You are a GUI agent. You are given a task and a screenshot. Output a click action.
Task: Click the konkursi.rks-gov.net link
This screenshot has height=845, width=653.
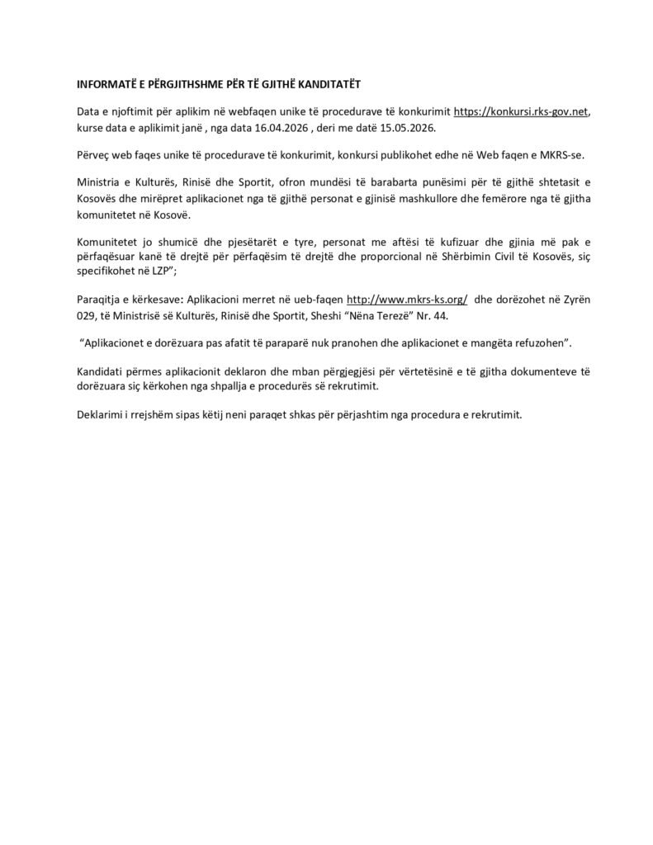pyautogui.click(x=522, y=111)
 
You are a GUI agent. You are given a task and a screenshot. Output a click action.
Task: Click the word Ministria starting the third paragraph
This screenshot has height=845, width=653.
pyautogui.click(x=101, y=182)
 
